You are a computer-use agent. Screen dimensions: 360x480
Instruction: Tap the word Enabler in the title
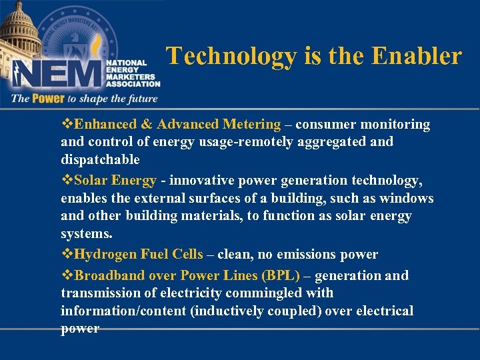tap(420, 56)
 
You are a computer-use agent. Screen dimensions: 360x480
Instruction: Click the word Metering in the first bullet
tap(252, 124)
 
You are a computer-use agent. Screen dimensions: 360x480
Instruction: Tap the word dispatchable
tap(100, 159)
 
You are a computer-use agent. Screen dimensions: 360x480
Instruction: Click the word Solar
tap(91, 181)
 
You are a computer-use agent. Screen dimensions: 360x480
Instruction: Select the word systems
tap(87, 234)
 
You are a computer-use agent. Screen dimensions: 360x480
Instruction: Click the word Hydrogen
tap(105, 254)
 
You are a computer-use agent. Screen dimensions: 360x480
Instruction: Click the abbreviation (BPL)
tap(281, 275)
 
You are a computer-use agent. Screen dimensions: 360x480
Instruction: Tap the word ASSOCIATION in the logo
tap(133, 84)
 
